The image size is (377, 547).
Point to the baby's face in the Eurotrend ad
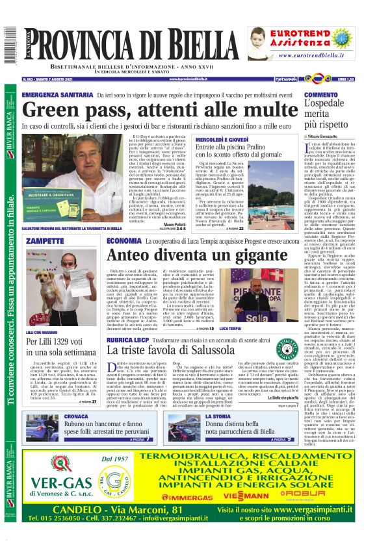point(265,40)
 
